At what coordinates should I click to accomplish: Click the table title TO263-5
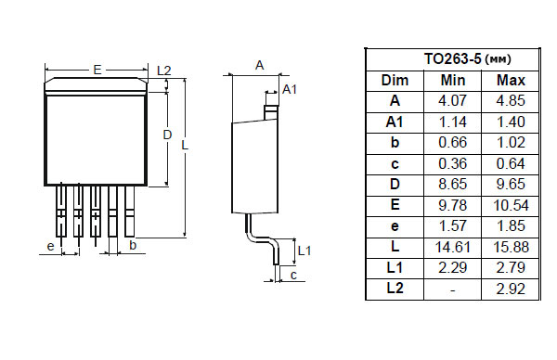[x=452, y=58]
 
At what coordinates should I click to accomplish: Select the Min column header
[x=453, y=80]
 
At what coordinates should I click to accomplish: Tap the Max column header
[x=511, y=80]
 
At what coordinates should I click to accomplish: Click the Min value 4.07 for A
[x=453, y=101]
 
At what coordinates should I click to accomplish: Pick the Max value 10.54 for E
[x=511, y=205]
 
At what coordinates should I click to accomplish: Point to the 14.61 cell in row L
[x=453, y=247]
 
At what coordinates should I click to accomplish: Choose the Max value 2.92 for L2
[x=511, y=289]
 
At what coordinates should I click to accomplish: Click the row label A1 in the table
[x=395, y=122]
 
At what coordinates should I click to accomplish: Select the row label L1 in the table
[x=395, y=268]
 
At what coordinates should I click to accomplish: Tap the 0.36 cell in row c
[x=453, y=163]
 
